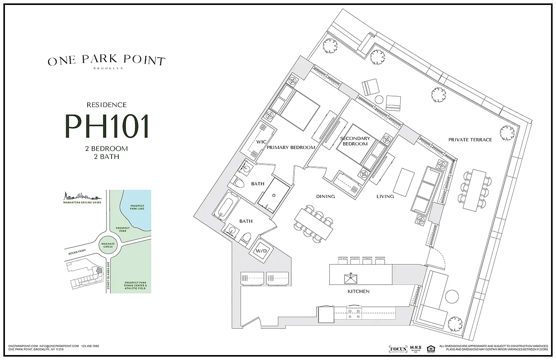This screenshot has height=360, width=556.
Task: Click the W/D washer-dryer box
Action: [261, 252]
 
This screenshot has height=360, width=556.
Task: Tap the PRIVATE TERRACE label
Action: [470, 140]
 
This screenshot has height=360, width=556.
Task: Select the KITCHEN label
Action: [359, 292]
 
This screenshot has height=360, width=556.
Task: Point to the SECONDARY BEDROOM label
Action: [355, 141]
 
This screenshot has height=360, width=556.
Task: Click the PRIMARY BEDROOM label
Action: [291, 147]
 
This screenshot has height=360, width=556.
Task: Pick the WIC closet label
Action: [262, 142]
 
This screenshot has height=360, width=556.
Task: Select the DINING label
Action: [325, 197]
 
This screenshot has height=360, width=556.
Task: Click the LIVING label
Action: [385, 197]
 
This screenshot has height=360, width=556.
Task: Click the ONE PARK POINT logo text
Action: [107, 61]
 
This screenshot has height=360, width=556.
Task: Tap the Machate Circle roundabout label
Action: [107, 245]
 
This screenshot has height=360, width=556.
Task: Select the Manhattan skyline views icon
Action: [81, 196]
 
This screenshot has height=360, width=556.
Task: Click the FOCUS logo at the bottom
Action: [398, 349]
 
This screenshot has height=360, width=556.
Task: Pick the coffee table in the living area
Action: [404, 181]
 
